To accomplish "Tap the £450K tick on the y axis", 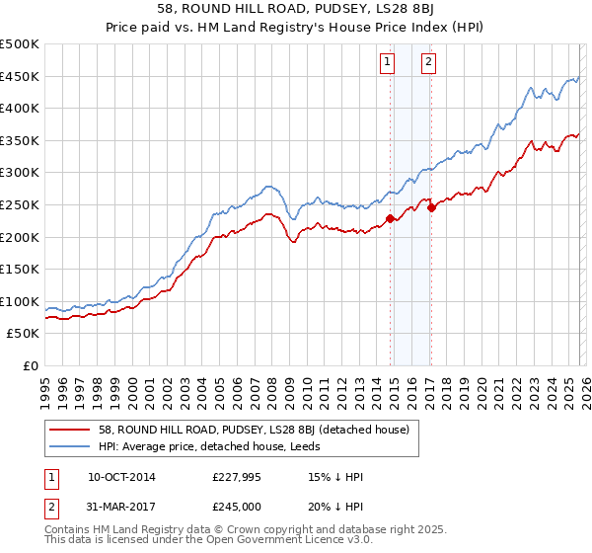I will tap(20, 76).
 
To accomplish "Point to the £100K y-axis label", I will tap(20, 301).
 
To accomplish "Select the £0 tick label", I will tap(32, 365).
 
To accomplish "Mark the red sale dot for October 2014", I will tap(391, 219).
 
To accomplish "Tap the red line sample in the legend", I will tap(70, 430).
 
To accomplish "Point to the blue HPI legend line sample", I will tap(70, 446).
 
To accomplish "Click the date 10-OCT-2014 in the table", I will tap(121, 476).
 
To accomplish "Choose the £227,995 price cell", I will tap(237, 476).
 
